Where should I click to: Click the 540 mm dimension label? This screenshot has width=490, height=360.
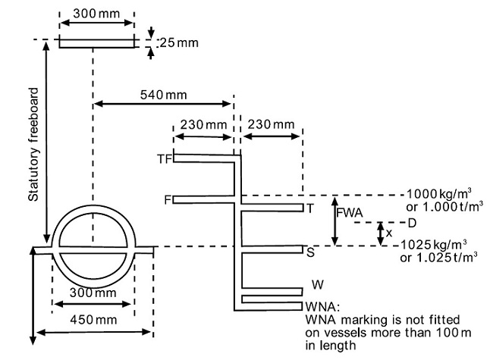point(163,95)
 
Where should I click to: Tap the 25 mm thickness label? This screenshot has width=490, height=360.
point(179,42)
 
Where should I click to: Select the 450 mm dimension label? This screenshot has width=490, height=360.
point(93,320)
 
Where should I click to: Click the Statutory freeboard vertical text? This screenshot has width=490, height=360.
point(33,145)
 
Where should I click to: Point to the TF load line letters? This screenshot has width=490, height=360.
point(165,159)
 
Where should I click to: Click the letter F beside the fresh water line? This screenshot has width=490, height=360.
point(168,199)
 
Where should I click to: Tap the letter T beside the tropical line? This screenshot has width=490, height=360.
point(309,208)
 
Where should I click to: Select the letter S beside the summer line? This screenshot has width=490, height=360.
point(310,252)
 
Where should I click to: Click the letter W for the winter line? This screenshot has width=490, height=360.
point(318,284)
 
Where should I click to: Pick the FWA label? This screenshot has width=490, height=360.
point(350,213)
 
